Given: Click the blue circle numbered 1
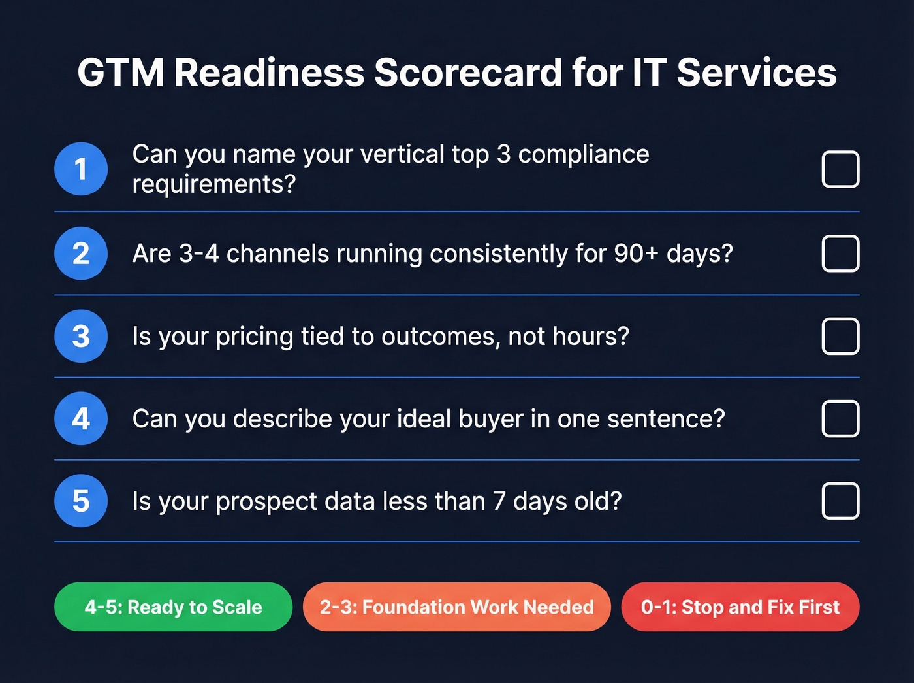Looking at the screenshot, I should tap(81, 169).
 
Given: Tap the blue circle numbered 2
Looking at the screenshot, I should tap(81, 254).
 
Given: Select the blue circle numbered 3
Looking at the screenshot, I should tap(81, 336).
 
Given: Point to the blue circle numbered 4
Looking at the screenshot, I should tap(81, 418).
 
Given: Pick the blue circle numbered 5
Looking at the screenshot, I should tap(81, 501).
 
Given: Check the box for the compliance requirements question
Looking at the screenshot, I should tap(840, 169).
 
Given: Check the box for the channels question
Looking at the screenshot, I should tap(840, 254).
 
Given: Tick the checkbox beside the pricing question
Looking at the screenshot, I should tap(840, 336).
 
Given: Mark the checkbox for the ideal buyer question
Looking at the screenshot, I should tap(840, 418).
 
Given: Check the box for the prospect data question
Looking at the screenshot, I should tap(840, 501).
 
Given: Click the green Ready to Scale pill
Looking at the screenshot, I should tap(173, 607).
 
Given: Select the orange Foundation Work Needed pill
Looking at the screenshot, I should tap(456, 607).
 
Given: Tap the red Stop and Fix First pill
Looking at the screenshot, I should tap(740, 607).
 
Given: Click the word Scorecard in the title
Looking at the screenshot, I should tap(467, 73).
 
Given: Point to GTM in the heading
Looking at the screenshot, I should tap(121, 73).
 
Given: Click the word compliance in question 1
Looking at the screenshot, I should tap(584, 155).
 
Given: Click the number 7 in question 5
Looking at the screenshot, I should tap(499, 501).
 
